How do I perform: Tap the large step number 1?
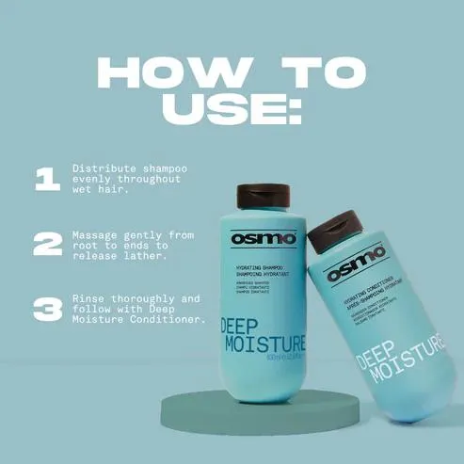(x=45, y=179)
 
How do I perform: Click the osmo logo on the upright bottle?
(x=263, y=238)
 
